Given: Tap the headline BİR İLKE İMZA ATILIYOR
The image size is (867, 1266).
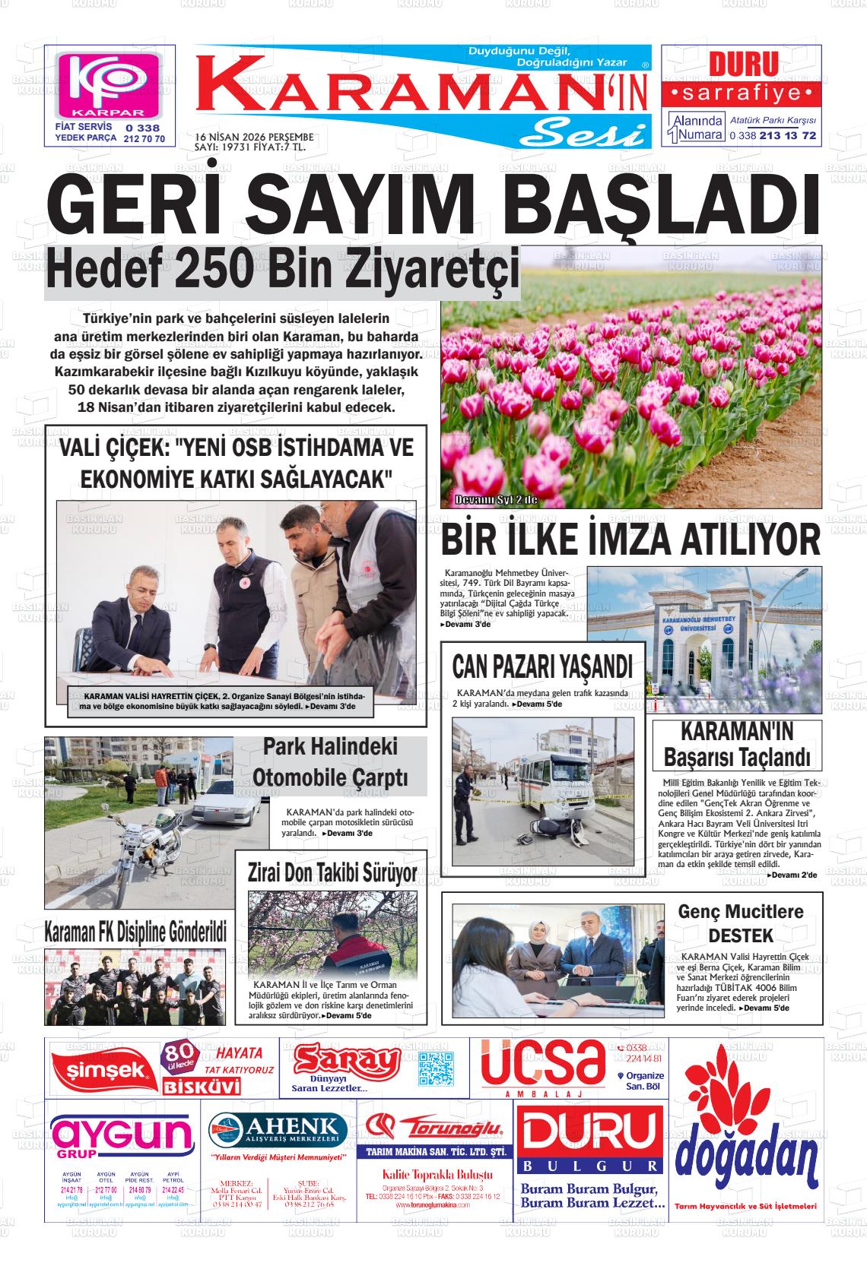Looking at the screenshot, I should coord(630,540).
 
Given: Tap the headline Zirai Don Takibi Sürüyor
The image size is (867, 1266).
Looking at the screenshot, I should coord(332,873).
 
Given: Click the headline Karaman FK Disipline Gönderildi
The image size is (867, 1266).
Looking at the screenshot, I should coord(136,930).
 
